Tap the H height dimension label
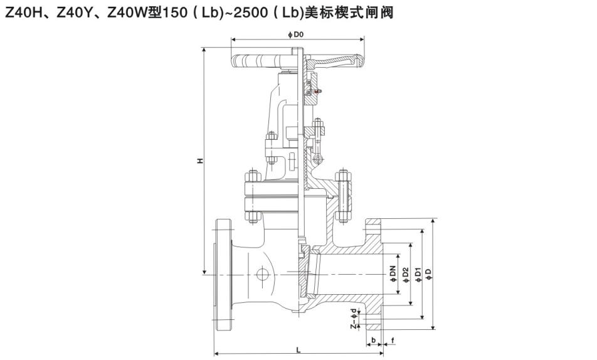tap(199, 161)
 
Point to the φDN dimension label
tap(393, 274)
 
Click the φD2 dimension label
tap(406, 274)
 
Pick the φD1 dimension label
tap(418, 274)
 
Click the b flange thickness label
tap(374, 340)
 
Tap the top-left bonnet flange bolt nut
tap(252, 176)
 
